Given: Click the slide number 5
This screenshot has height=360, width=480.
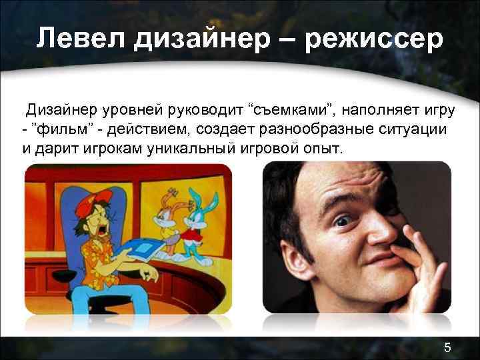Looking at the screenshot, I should (448, 345).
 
